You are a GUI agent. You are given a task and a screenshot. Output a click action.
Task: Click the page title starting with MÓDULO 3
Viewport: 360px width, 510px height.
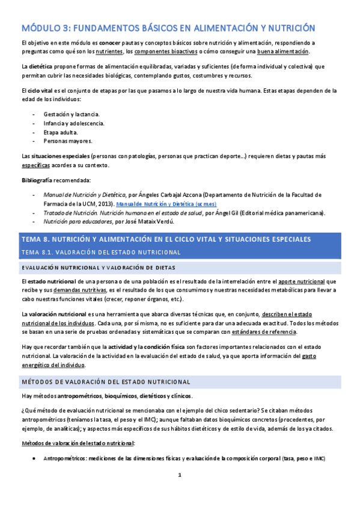pos(168,28)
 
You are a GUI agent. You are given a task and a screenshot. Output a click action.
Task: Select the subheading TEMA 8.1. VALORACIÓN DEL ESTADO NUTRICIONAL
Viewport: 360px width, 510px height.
pos(100,252)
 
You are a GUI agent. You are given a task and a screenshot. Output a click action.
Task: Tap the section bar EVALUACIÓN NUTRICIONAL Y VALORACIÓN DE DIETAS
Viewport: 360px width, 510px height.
pos(99,267)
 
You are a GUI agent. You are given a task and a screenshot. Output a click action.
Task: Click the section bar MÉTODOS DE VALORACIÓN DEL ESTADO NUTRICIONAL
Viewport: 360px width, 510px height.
pos(106,381)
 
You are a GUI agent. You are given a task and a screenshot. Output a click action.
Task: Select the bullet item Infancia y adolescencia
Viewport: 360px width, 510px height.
pos(74,123)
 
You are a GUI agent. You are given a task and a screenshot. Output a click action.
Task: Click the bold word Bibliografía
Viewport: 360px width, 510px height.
pos(37,180)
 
